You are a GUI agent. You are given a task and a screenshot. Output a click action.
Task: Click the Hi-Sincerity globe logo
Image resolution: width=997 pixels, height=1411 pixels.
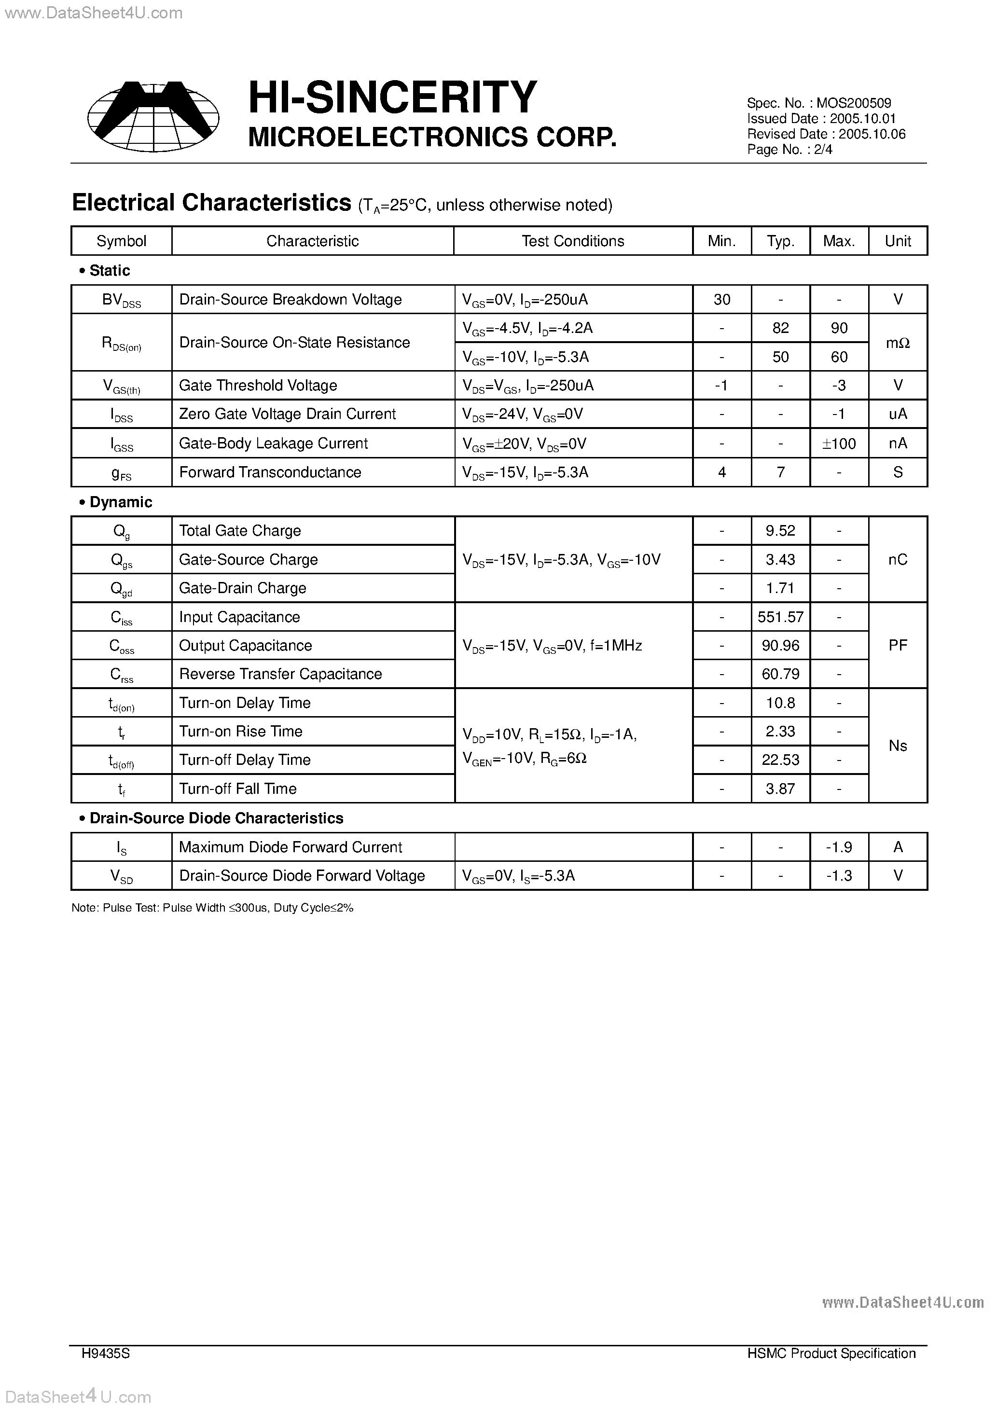(x=153, y=116)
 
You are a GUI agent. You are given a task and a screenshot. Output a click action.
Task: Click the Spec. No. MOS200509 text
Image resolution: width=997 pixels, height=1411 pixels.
(x=819, y=103)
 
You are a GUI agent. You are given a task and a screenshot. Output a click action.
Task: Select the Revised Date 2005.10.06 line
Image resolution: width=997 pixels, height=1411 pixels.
(x=826, y=134)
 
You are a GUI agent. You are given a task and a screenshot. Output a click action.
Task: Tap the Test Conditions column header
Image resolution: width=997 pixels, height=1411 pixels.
(x=572, y=241)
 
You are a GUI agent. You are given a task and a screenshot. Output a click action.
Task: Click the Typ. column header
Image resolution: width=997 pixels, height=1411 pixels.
(x=780, y=241)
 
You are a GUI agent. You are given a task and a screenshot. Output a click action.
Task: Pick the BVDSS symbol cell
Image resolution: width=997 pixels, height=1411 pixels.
(x=121, y=300)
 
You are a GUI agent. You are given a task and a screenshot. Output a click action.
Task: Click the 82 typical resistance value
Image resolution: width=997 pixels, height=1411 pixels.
(x=780, y=328)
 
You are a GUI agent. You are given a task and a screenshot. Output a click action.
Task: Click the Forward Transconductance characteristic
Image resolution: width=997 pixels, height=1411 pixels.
(x=270, y=472)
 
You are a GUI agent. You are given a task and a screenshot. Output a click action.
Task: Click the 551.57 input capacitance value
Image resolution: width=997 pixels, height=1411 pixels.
(x=780, y=617)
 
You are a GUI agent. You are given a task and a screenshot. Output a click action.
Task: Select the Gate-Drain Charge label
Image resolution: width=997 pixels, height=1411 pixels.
(x=242, y=588)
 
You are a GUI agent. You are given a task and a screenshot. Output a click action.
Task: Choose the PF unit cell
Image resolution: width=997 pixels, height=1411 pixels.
(x=898, y=645)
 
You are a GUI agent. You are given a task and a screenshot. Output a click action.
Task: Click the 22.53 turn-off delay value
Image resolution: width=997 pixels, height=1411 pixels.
(x=780, y=760)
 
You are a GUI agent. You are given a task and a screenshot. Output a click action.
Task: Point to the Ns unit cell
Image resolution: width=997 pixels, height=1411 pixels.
(x=898, y=746)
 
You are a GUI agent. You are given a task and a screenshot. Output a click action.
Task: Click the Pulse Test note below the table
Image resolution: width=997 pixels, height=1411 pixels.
(x=212, y=908)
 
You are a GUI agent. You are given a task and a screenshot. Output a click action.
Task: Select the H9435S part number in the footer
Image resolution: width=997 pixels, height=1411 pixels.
(x=105, y=1353)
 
